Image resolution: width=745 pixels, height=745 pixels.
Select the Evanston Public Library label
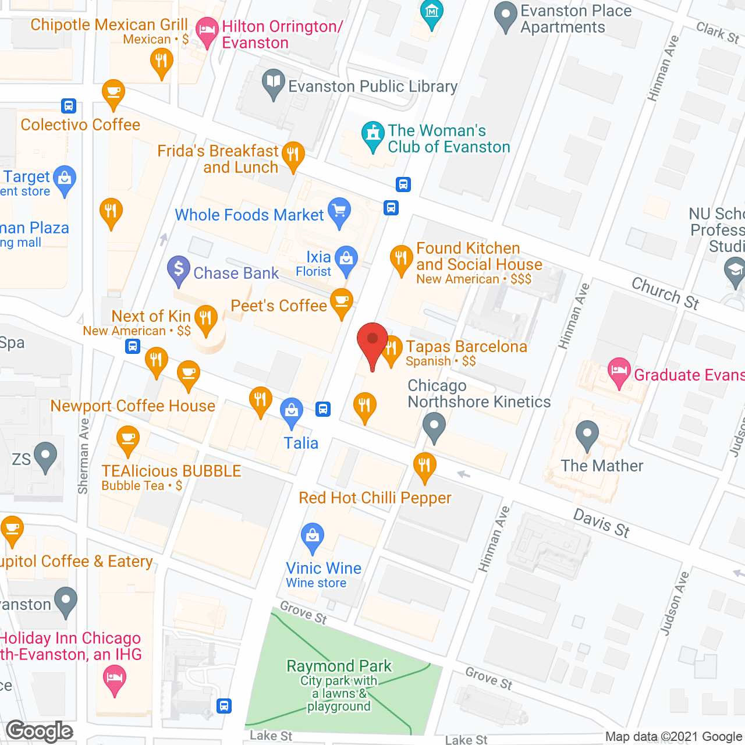[x=372, y=87]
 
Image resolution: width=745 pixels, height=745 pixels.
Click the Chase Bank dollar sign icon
[x=179, y=269]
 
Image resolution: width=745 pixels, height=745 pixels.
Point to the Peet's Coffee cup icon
[x=342, y=302]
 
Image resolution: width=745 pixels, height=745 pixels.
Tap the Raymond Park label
[x=339, y=666]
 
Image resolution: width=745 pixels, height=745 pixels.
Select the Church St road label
[x=665, y=293]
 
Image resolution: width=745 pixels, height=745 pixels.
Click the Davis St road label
[x=602, y=523]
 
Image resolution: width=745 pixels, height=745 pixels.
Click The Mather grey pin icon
[x=587, y=434]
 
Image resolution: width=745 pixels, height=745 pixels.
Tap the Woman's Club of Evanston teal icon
[x=372, y=134]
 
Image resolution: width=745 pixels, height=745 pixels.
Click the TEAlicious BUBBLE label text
[x=171, y=471]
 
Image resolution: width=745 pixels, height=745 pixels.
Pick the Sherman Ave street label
[x=84, y=456]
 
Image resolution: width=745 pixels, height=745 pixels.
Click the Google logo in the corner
[x=40, y=731]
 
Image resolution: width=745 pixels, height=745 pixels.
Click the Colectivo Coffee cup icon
[x=113, y=93]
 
